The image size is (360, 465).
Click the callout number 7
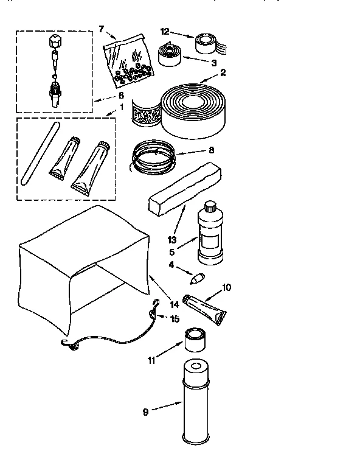102,29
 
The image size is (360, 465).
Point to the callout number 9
145,412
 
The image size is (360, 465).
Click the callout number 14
175,304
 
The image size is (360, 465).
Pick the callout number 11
151,360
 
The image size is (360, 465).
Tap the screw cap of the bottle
210,206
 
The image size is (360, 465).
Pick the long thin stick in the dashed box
40,153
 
